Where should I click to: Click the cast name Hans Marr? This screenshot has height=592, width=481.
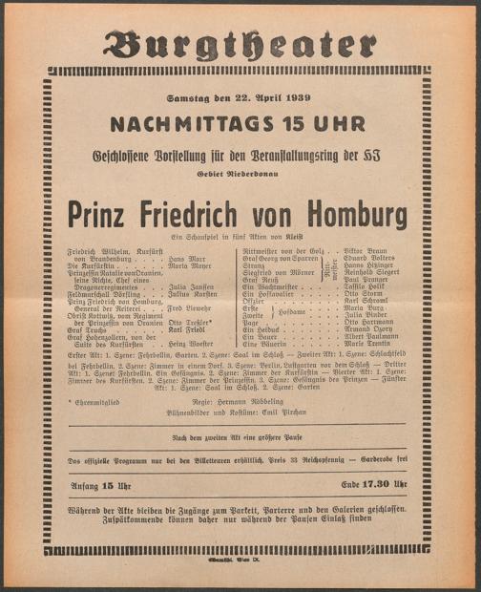187,259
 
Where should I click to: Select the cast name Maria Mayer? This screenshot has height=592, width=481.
189,266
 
